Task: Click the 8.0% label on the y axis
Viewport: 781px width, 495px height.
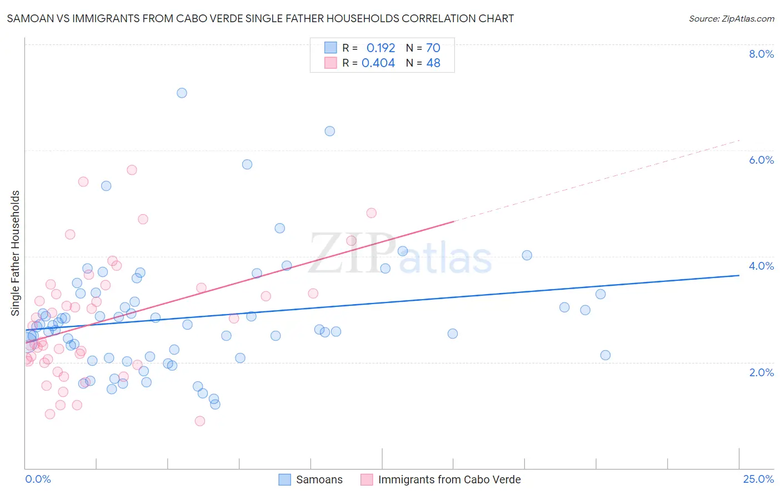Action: (761, 54)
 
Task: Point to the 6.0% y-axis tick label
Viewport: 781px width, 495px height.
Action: (761, 160)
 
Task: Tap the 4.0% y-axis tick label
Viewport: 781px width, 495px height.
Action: (761, 266)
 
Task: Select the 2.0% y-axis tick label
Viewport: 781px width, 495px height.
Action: (761, 372)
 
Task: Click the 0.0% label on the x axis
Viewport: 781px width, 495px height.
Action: (38, 479)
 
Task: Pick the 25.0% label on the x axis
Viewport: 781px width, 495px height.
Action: (758, 479)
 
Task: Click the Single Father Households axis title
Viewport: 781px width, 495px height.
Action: (16, 253)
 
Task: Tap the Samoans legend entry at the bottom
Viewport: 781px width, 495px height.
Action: (319, 480)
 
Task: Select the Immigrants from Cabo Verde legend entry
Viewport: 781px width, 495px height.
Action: (449, 480)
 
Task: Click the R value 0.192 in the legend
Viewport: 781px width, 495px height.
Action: (381, 48)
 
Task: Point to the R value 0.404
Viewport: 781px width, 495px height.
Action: (378, 63)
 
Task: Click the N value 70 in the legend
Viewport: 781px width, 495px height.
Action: (433, 48)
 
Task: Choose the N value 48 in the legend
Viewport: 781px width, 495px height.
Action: (433, 63)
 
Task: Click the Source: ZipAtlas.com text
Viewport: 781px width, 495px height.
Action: (731, 19)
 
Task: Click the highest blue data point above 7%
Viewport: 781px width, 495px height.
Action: (182, 93)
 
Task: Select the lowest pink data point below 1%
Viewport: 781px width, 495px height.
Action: (200, 421)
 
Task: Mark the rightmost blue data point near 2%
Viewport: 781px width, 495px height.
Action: (605, 355)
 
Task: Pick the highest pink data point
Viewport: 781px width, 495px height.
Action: (132, 170)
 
